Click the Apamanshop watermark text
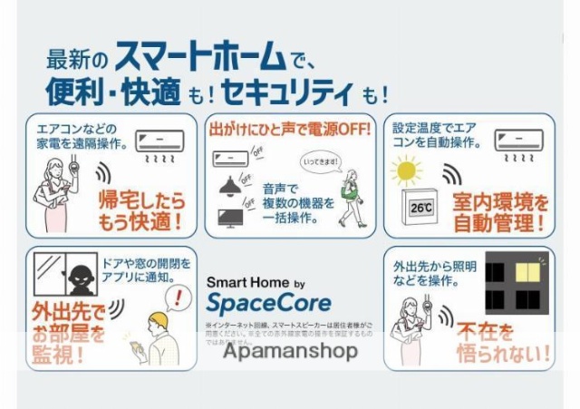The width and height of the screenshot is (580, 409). (x=290, y=352)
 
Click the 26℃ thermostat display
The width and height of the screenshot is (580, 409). (x=421, y=207)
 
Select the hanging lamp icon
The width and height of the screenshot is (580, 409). (x=230, y=186)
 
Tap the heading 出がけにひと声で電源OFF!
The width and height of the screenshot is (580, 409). (x=290, y=128)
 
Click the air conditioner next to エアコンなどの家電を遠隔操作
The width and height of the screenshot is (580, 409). (x=160, y=141)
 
